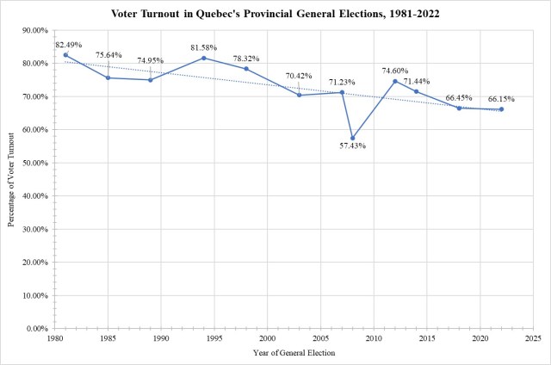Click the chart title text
275,14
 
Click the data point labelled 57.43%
353,138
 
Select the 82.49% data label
69,44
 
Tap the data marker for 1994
204,58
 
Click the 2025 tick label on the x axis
533,339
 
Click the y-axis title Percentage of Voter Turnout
11,179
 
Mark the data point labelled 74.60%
395,81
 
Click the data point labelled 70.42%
300,95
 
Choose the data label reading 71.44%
428,80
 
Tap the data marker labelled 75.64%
108,77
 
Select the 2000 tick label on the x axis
268,339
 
